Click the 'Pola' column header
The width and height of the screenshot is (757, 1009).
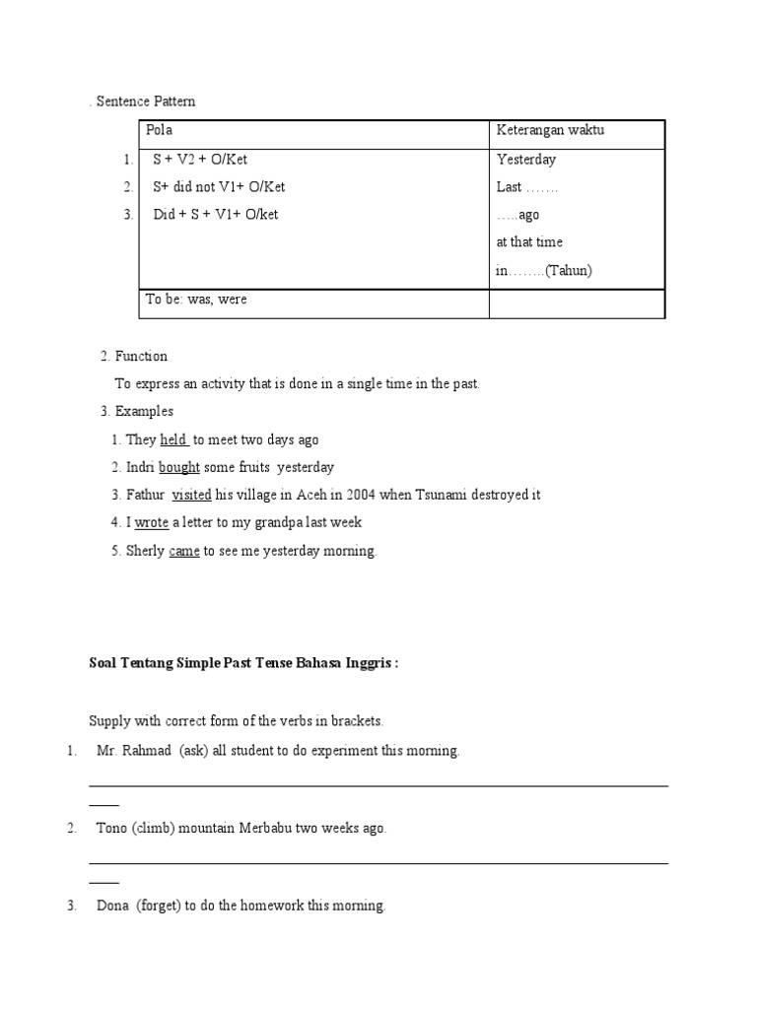(x=159, y=131)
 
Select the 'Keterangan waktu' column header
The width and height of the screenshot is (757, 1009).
(x=550, y=131)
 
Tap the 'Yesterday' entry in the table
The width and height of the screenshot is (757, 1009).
(x=526, y=160)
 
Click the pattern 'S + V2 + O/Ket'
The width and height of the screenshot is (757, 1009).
(x=207, y=160)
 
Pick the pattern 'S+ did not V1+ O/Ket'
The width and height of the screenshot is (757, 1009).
(x=219, y=187)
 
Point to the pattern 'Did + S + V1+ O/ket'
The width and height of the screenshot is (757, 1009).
(x=216, y=215)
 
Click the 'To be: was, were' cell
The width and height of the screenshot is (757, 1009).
(x=196, y=300)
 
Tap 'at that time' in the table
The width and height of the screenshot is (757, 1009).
(x=530, y=242)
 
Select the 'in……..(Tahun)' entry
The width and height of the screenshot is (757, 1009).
(x=544, y=271)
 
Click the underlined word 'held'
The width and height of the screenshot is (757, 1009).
(x=172, y=439)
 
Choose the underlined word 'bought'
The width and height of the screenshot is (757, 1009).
(x=179, y=467)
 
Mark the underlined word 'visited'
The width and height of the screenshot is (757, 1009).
(x=191, y=495)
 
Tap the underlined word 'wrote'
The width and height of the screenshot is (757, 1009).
(x=152, y=522)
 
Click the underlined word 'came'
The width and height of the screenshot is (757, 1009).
(x=184, y=551)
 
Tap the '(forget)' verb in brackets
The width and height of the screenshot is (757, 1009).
(x=159, y=906)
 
